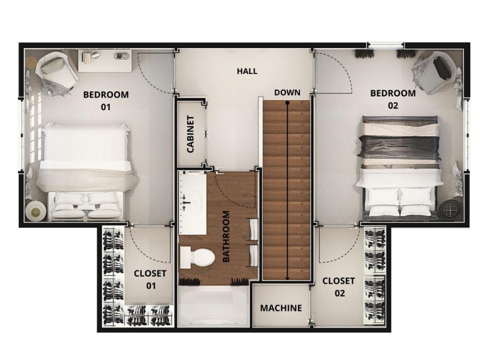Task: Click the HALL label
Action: click(247, 72)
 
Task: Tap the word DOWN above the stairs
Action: click(287, 93)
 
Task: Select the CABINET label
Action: click(191, 134)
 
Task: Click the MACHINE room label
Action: click(281, 308)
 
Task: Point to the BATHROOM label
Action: click(226, 236)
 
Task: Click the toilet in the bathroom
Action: click(197, 257)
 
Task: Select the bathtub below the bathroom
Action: click(214, 306)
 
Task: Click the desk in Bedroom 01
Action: click(105, 60)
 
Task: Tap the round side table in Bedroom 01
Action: click(36, 211)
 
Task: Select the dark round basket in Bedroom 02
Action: click(449, 210)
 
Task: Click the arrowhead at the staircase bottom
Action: click(287, 278)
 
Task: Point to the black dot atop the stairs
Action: click(287, 103)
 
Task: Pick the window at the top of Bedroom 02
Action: click(385, 45)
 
